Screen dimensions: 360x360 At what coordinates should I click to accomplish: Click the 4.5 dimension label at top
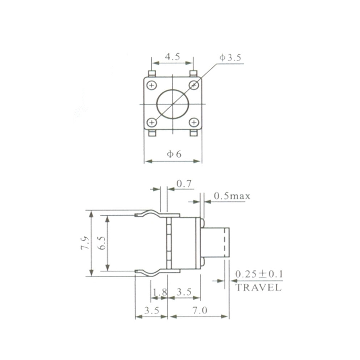pyautogui.click(x=172, y=57)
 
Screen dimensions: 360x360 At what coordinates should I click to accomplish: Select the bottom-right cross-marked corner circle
pyautogui.click(x=194, y=123)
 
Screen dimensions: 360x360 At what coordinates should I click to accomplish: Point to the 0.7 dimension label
pyautogui.click(x=184, y=184)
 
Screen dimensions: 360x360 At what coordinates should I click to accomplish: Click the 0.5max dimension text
pyautogui.click(x=232, y=196)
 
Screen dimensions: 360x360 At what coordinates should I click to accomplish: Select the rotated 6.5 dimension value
pyautogui.click(x=102, y=244)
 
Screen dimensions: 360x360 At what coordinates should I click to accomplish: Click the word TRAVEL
pyautogui.click(x=258, y=288)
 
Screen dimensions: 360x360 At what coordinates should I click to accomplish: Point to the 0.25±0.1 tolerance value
pyautogui.click(x=258, y=274)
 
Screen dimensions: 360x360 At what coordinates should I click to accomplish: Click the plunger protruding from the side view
pyautogui.click(x=215, y=242)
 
